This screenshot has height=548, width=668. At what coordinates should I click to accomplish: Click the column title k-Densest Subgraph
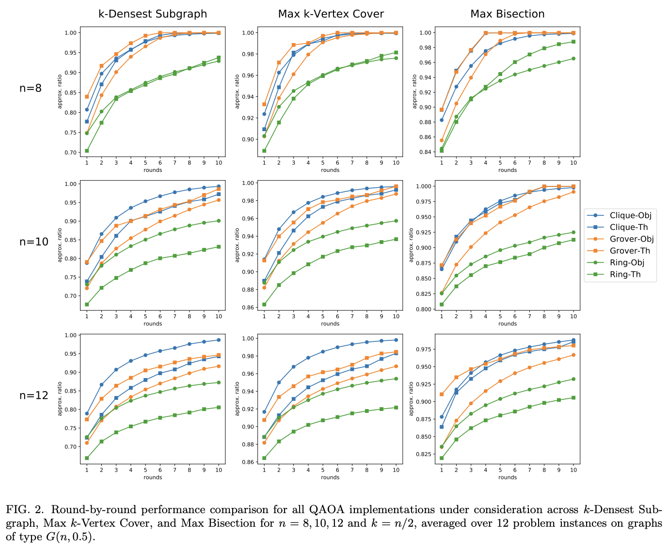coord(152,14)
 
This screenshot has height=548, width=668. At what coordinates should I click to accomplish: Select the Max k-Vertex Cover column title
coord(331,14)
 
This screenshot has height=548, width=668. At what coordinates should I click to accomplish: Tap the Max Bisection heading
coord(507,14)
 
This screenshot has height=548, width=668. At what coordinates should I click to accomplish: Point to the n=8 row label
coord(31,88)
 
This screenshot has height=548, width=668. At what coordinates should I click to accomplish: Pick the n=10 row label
coord(33,242)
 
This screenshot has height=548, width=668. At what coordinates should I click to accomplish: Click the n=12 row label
coord(33,395)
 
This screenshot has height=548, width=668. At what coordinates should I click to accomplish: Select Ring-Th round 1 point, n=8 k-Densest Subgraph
coord(87,151)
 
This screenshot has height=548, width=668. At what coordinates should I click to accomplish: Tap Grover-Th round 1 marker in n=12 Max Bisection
coord(442,394)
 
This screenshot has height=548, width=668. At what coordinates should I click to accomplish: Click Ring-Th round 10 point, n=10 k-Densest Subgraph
coord(219,246)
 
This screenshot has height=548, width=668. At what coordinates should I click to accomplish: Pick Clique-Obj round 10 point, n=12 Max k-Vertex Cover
coord(396,340)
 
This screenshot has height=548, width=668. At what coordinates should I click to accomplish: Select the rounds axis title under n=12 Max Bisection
coord(507,477)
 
